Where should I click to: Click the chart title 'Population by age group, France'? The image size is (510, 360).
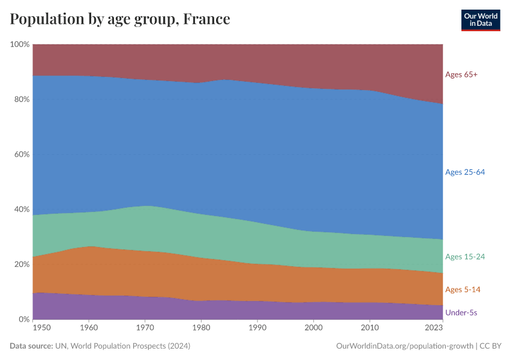pyautogui.click(x=120, y=19)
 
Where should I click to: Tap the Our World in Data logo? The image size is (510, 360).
pyautogui.click(x=480, y=20)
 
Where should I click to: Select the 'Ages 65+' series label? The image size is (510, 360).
pyautogui.click(x=461, y=75)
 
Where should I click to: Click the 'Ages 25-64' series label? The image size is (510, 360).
pyautogui.click(x=464, y=172)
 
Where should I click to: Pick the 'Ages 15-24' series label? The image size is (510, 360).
pyautogui.click(x=464, y=257)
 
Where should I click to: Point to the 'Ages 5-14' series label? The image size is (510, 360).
pyautogui.click(x=462, y=290)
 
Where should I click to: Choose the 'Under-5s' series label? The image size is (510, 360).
pyautogui.click(x=461, y=313)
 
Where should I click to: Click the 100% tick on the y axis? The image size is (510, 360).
pyautogui.click(x=20, y=44)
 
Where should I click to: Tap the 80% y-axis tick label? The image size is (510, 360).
pyautogui.click(x=22, y=100)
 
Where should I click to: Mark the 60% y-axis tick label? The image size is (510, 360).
pyautogui.click(x=22, y=154)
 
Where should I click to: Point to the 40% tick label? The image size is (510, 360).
pyautogui.click(x=22, y=209)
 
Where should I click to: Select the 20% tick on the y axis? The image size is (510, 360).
pyautogui.click(x=22, y=265)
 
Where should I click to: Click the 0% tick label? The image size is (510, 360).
pyautogui.click(x=24, y=319)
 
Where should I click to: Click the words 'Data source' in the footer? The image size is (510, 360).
pyautogui.click(x=31, y=346)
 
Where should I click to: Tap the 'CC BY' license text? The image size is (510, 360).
pyautogui.click(x=491, y=346)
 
